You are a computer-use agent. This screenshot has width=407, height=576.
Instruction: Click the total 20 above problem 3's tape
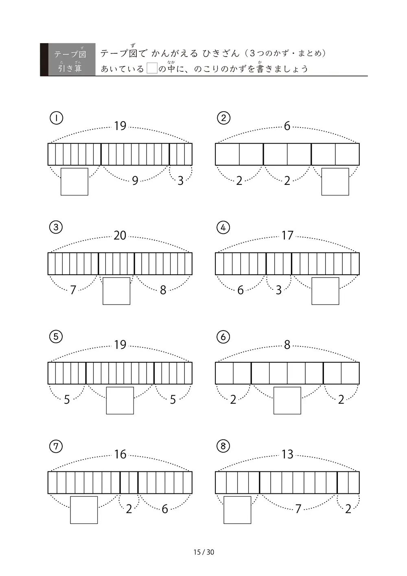pyautogui.click(x=120, y=235)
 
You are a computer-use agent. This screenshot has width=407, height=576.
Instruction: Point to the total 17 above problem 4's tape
pyautogui.click(x=287, y=235)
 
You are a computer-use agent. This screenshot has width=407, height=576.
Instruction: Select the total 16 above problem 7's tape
pyautogui.click(x=120, y=454)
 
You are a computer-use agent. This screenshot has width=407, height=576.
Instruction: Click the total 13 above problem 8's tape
pyautogui.click(x=287, y=454)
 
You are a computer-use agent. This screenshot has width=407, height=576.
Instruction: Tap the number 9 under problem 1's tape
pyautogui.click(x=135, y=181)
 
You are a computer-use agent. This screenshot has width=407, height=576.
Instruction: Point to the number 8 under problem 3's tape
pyautogui.click(x=163, y=290)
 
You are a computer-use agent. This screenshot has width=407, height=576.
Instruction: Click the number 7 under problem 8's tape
pyautogui.click(x=298, y=509)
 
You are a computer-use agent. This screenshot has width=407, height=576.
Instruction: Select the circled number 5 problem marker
pyautogui.click(x=56, y=337)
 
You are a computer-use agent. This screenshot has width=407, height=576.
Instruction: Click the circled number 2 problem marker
pyautogui.click(x=223, y=118)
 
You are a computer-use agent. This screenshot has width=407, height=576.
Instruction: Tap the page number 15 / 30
pyautogui.click(x=203, y=552)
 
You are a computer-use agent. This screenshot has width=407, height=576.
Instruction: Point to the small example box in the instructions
pyautogui.click(x=152, y=68)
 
